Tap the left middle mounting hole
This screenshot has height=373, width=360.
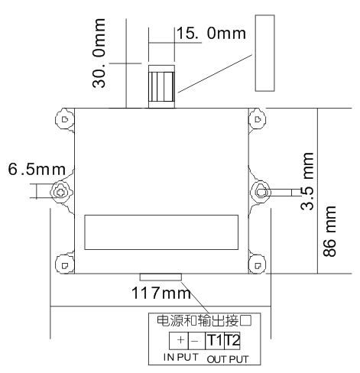(60, 192)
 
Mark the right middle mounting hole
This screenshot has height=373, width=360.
(261, 190)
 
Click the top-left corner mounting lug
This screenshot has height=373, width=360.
(63, 120)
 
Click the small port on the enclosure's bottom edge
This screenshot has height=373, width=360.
(160, 277)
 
